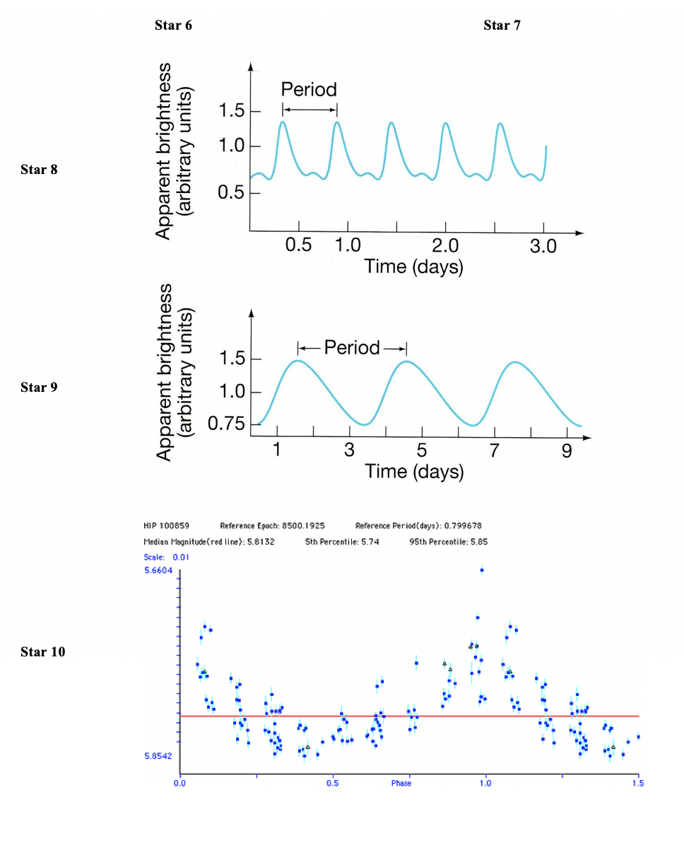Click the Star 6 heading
[x=172, y=25]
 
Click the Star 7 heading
[x=502, y=25]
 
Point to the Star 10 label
[x=42, y=651]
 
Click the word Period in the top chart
[x=309, y=90]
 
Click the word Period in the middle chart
[x=352, y=347]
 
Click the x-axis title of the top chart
[x=414, y=267]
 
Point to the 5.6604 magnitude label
[x=158, y=570]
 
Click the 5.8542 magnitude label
[x=158, y=756]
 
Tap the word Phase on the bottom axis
[x=401, y=784]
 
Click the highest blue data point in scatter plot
[x=482, y=569]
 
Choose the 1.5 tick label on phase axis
[x=638, y=784]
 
